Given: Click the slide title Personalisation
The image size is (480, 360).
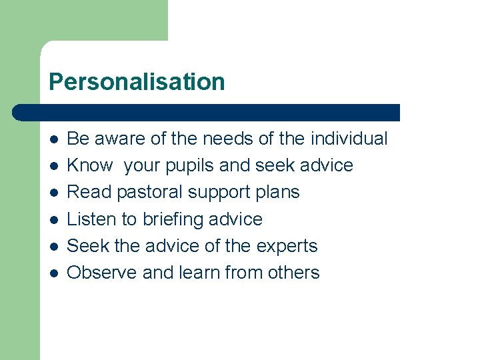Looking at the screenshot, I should click(x=137, y=82).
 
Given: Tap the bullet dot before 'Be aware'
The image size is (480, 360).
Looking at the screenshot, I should click(x=54, y=139).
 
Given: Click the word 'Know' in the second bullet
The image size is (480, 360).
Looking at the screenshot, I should click(x=90, y=165).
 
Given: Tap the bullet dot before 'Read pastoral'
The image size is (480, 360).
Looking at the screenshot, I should click(x=54, y=193).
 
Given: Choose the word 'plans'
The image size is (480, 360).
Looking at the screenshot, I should click(x=280, y=193).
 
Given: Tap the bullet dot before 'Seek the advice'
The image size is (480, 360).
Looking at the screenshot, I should click(x=54, y=247).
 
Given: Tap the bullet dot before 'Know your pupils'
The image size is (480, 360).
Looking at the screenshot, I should click(x=54, y=166).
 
